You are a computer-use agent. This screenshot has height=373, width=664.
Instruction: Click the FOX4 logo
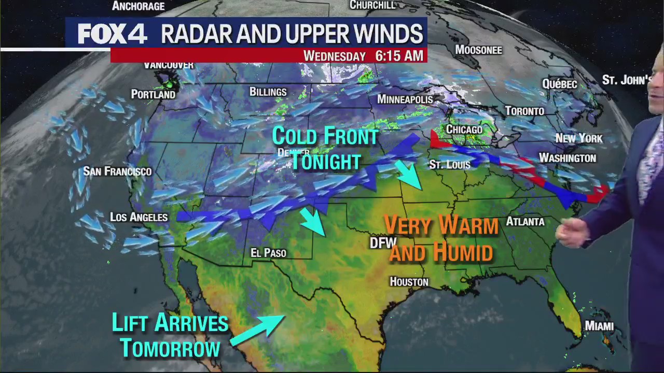tap(112, 34)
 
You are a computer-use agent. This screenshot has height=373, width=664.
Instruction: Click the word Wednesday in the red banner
tap(335, 56)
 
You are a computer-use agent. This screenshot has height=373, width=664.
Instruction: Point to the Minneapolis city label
tap(405, 99)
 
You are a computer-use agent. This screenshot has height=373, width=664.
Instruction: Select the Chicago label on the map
tap(464, 130)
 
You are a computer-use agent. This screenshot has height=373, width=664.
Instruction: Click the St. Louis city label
tap(450, 165)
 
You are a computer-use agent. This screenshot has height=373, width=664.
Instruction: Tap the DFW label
tap(383, 242)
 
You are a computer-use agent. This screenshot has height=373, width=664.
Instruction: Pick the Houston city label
tap(409, 282)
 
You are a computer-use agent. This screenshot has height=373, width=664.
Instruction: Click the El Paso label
tap(268, 253)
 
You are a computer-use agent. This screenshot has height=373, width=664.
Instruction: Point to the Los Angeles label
tap(139, 217)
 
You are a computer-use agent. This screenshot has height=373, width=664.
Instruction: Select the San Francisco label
tap(117, 171)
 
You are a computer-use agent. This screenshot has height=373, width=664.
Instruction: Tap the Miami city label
tap(599, 326)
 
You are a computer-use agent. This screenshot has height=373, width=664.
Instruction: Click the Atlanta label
tap(525, 222)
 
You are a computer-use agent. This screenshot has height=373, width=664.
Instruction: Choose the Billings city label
tap(268, 92)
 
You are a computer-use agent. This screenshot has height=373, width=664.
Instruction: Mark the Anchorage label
tap(138, 6)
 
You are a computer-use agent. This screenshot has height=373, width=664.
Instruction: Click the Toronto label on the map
tap(525, 111)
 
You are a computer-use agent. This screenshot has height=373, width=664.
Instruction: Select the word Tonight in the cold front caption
tap(325, 161)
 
